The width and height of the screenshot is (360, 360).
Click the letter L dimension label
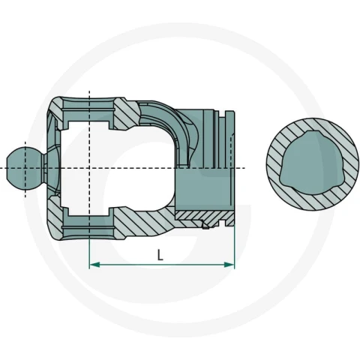(160, 255)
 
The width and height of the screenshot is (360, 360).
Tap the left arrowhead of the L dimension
(94, 265)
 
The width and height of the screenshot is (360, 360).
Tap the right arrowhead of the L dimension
(229, 265)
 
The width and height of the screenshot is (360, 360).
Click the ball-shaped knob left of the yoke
(25, 168)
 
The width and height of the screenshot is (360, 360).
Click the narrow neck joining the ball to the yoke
(45, 168)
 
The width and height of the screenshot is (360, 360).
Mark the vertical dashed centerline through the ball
(25, 169)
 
